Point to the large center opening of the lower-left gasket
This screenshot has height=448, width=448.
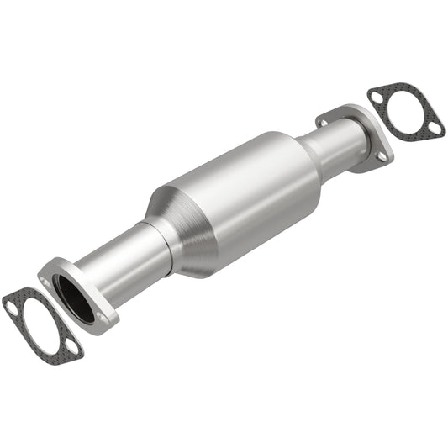pos(43,324)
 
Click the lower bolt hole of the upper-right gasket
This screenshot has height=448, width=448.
pos(434,128)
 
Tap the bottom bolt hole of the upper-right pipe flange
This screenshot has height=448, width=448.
pos(380,156)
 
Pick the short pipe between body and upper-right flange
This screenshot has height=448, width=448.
pos(332,147)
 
